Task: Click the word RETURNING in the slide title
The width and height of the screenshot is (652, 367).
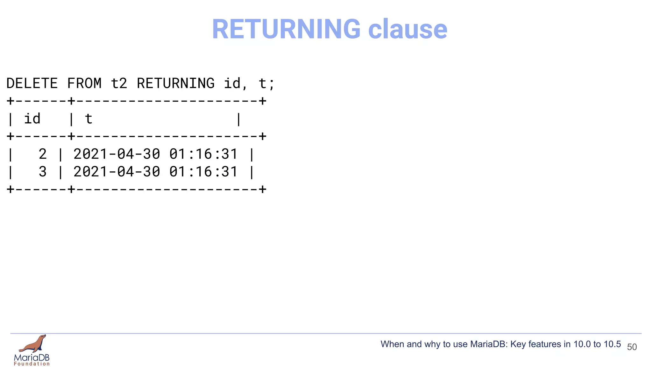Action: pyautogui.click(x=286, y=29)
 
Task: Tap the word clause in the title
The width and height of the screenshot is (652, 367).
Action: pyautogui.click(x=407, y=29)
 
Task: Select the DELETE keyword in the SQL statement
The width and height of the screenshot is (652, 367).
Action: pyautogui.click(x=32, y=83)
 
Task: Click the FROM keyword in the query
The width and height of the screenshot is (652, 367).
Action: pyautogui.click(x=84, y=83)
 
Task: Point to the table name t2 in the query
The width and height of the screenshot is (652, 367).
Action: pyautogui.click(x=119, y=83)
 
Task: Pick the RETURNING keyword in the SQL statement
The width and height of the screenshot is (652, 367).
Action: pyautogui.click(x=175, y=83)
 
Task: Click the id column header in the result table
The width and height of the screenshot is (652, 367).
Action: pyautogui.click(x=32, y=119)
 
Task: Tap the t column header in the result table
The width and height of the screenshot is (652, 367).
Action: pyautogui.click(x=89, y=119)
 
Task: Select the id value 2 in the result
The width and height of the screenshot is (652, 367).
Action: pyautogui.click(x=43, y=154)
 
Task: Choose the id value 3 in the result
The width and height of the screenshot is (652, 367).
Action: pyautogui.click(x=43, y=172)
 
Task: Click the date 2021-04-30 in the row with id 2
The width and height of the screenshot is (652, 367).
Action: pyautogui.click(x=117, y=154)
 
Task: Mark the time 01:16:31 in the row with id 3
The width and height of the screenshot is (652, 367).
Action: pyautogui.click(x=203, y=172)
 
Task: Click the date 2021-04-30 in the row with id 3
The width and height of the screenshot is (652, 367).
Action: pyautogui.click(x=117, y=172)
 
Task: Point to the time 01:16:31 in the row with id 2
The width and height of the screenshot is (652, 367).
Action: pyautogui.click(x=203, y=154)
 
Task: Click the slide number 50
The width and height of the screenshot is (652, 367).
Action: pyautogui.click(x=632, y=347)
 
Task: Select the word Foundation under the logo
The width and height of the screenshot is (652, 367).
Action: pyautogui.click(x=32, y=364)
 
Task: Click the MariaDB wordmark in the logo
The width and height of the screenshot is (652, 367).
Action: pyautogui.click(x=32, y=357)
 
